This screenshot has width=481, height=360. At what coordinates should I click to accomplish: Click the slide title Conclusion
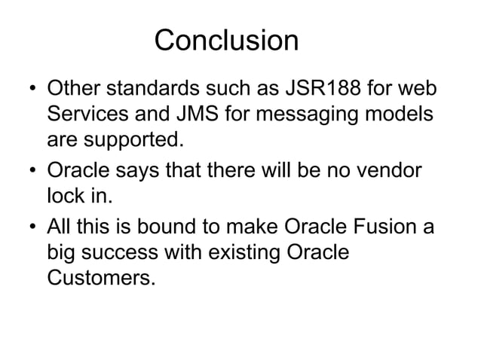coord(226,41)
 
